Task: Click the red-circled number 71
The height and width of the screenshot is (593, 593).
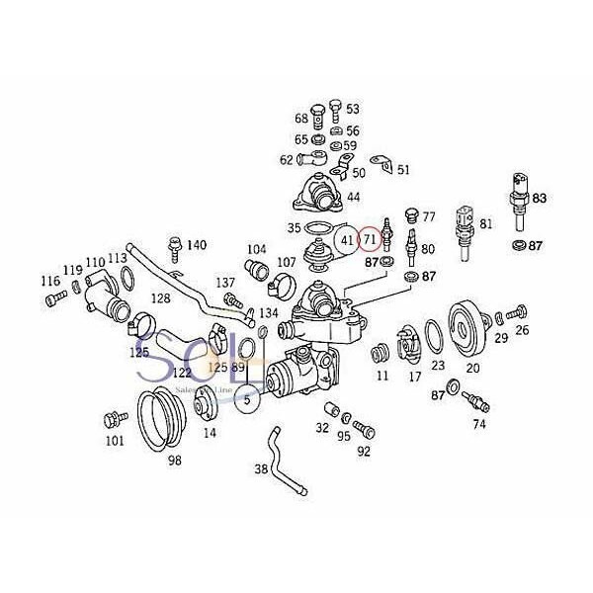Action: tap(369, 239)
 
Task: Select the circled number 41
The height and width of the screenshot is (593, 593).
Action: tap(345, 239)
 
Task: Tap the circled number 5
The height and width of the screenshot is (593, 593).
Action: tap(248, 400)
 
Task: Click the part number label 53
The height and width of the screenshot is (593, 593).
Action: tap(353, 109)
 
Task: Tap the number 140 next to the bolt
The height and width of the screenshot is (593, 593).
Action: tap(197, 245)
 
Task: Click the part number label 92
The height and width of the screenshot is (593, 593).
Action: tap(364, 452)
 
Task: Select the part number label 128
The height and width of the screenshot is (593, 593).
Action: tap(159, 297)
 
